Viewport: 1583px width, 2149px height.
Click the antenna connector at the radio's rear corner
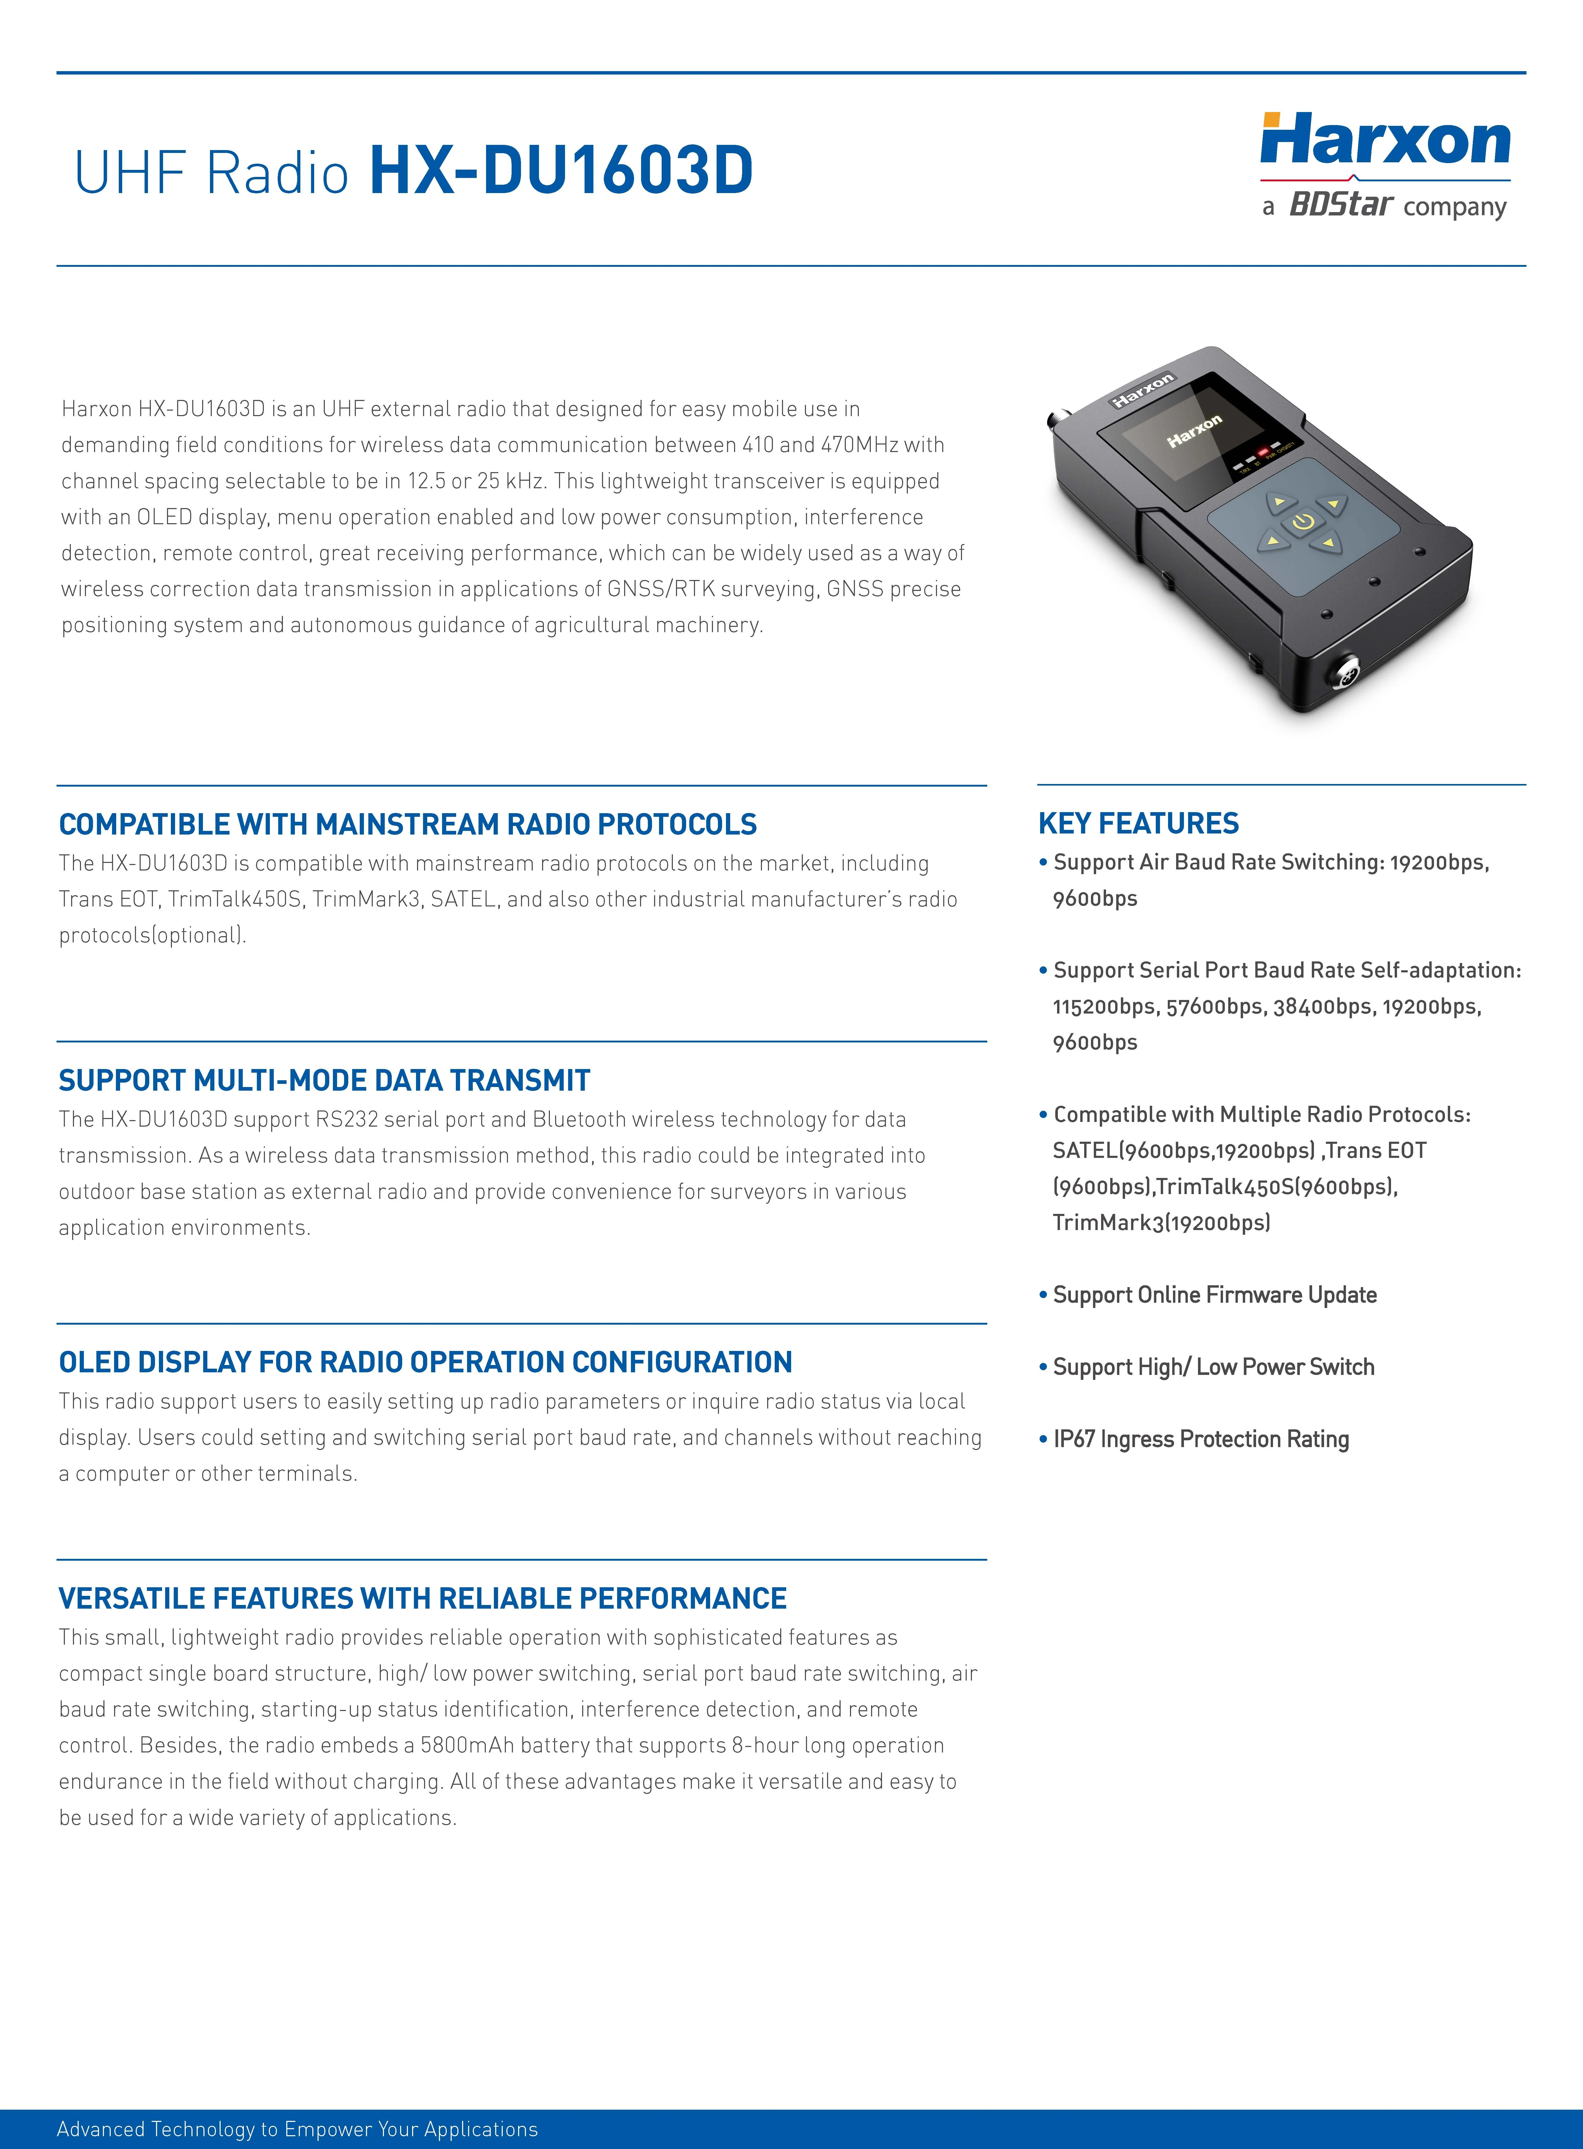click(1060, 419)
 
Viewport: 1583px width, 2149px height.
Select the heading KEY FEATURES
click(1138, 823)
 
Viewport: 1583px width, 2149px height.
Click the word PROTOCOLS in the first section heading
click(676, 824)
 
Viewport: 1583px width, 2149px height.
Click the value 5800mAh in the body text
click(467, 1745)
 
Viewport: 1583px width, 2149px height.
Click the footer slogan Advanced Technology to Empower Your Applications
click(297, 2129)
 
